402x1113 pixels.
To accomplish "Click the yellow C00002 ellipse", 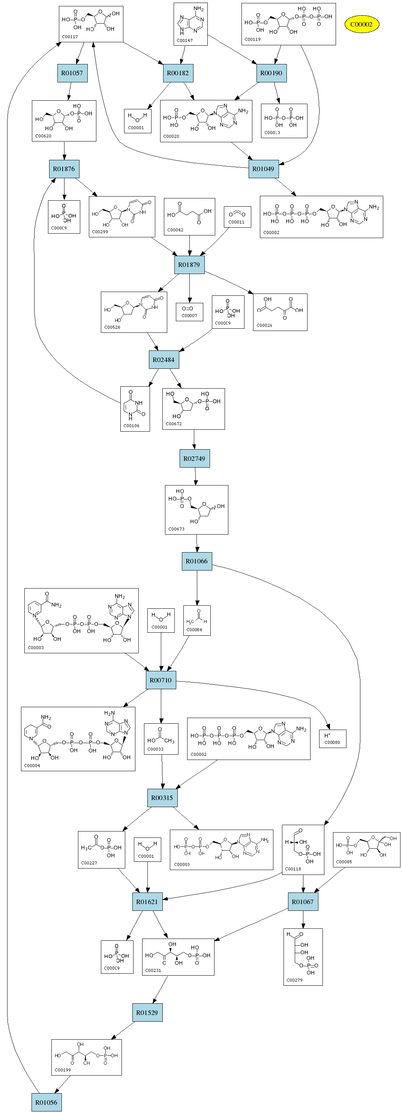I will click(361, 24).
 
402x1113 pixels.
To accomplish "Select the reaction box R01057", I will click(72, 73).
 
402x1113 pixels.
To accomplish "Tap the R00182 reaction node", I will click(178, 73).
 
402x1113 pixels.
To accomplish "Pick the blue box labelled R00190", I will click(271, 73).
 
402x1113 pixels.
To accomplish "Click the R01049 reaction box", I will click(263, 169).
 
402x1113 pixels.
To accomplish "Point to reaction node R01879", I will click(189, 264).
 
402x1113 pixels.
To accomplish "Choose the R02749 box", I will click(194, 459).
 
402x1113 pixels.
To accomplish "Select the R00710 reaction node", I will click(160, 680).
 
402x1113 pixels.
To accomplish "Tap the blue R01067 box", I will click(303, 902).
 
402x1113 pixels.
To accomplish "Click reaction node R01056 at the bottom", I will click(46, 1102).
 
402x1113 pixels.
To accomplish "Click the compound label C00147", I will click(185, 40).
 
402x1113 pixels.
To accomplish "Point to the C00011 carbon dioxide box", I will click(237, 217).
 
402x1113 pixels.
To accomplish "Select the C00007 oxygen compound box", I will click(189, 311).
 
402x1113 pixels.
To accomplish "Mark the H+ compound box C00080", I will click(332, 738).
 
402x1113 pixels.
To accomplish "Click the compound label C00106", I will click(132, 426).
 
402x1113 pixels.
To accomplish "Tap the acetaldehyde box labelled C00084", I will click(197, 620).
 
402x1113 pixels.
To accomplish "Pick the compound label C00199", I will click(63, 1070).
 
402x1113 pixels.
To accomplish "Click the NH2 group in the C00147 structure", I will click(199, 9).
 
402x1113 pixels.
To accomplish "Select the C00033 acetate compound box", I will click(161, 739).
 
